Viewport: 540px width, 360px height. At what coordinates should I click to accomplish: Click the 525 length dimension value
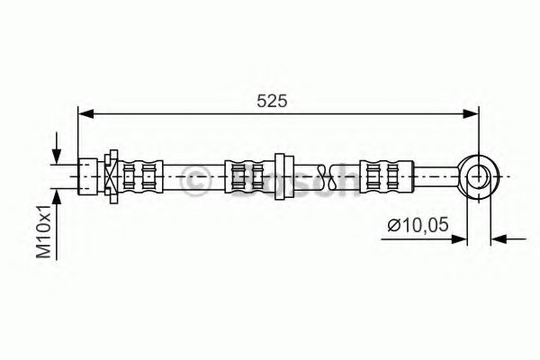point(272,102)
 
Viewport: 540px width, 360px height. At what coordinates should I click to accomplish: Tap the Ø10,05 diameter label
point(417,228)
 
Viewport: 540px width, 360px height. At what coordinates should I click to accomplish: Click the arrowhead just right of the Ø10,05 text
point(461,238)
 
